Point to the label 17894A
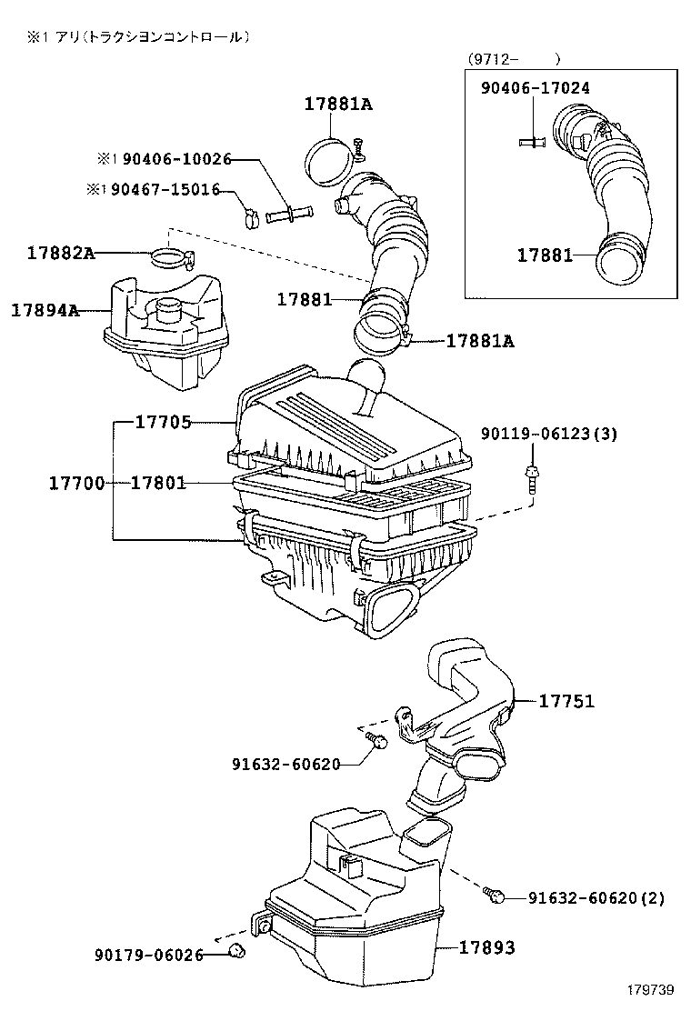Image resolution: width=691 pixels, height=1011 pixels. (x=45, y=310)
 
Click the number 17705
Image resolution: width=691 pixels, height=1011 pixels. (x=163, y=422)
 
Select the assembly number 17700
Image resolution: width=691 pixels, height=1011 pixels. (x=76, y=483)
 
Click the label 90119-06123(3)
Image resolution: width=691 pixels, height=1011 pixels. (x=549, y=434)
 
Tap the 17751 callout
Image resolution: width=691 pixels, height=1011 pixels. (x=566, y=701)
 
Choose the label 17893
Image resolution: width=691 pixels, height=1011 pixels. (x=486, y=947)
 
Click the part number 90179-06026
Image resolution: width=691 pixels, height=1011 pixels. (x=148, y=954)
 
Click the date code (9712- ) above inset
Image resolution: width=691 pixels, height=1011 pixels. (x=514, y=59)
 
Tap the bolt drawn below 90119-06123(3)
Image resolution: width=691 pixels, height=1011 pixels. (x=529, y=478)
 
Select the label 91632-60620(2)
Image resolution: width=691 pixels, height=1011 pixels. (x=596, y=898)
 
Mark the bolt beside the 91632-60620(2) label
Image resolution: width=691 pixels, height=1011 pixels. (x=495, y=896)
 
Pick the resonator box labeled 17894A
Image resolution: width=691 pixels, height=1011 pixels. (x=164, y=332)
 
